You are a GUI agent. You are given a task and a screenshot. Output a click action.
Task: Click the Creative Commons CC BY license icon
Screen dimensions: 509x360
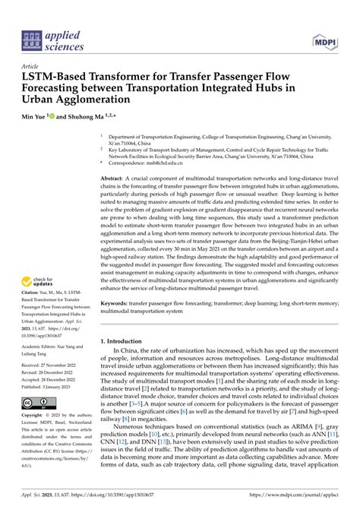pyautogui.click(x=37, y=403)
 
